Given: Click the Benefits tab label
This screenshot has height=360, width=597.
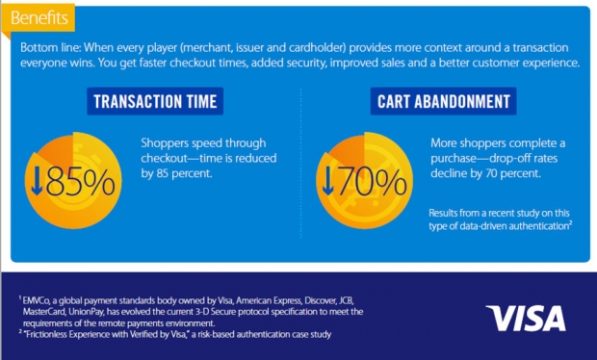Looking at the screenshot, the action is [39, 18].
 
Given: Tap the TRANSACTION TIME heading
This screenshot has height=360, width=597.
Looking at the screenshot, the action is [155, 102].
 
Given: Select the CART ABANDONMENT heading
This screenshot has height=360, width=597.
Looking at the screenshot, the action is [444, 102].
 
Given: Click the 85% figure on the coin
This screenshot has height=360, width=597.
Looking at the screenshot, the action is [80, 182].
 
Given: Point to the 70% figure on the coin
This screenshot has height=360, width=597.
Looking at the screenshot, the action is [372, 182].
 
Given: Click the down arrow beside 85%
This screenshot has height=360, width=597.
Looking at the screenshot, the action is [37, 181].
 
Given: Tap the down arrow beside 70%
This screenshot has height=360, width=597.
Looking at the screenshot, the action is [327, 181].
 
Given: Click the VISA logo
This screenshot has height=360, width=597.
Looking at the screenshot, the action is [526, 319].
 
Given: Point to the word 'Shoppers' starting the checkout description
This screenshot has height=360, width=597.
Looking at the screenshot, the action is [165, 143].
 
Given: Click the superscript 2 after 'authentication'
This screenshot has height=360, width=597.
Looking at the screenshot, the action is [570, 222].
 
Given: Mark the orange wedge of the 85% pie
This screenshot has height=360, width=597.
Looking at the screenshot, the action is [57, 150].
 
